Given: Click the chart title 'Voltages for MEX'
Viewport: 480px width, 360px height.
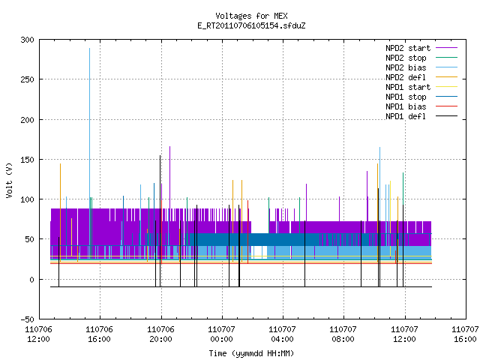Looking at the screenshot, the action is (251, 16).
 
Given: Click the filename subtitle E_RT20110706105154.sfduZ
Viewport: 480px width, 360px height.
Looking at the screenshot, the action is (251, 25).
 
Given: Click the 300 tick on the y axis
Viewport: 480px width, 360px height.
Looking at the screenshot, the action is (27, 40).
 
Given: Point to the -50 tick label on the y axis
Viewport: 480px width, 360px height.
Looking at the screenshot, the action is (27, 319).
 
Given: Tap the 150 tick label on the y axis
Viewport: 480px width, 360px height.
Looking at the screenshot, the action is (27, 160).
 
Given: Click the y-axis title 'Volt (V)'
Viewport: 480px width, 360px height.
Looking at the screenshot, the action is (9, 180).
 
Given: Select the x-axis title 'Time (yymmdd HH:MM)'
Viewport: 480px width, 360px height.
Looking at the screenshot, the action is (251, 353).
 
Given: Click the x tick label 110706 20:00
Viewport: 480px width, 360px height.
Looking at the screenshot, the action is (160, 334).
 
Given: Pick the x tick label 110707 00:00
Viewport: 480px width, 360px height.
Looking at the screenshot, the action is (221, 334).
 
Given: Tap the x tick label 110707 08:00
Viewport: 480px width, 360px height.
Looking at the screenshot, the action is (343, 334).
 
